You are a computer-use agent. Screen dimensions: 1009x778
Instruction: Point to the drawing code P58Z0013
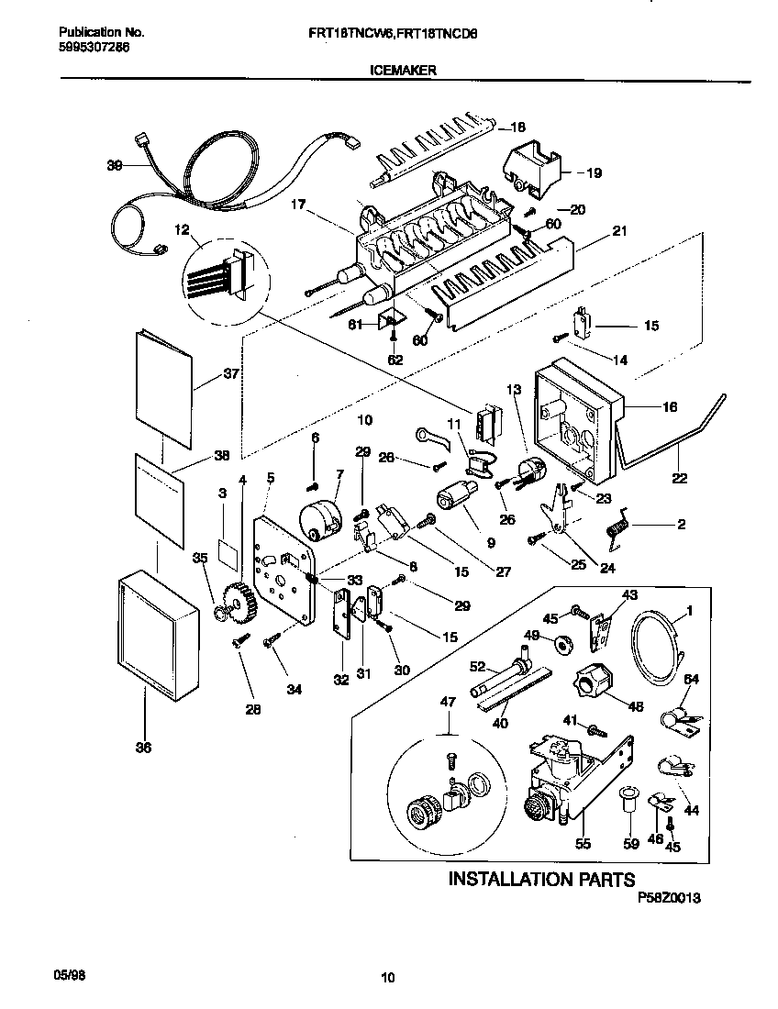(x=669, y=900)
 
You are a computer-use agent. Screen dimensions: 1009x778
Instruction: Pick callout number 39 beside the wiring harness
(x=114, y=166)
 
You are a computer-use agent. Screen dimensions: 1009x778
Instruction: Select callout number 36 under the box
(x=143, y=748)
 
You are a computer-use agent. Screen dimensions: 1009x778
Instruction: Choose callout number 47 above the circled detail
(x=447, y=702)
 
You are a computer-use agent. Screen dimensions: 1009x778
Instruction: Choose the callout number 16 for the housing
(x=670, y=406)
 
